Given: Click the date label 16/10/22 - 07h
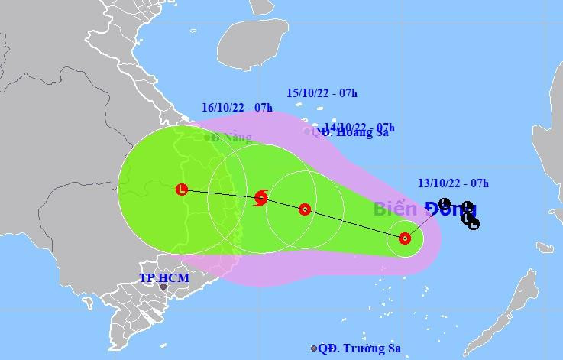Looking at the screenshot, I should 237,107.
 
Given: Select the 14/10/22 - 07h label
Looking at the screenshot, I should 358,126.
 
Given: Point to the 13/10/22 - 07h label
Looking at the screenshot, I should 454,182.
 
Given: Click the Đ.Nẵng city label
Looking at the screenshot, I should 232,138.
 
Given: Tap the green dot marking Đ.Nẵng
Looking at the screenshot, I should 208,138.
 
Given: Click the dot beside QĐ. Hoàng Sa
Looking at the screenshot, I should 307,131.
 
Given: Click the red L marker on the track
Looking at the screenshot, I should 181,189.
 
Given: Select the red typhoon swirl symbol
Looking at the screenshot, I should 260,198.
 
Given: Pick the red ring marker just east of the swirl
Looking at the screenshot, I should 304,209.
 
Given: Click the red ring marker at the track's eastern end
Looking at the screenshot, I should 405,238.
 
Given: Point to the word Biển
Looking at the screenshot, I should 395,209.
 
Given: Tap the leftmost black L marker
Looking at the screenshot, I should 445,203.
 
